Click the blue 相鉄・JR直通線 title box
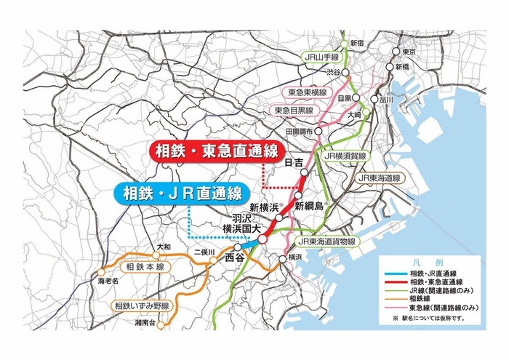click(181, 193)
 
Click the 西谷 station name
click(235, 257)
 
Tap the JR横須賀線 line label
click(345, 156)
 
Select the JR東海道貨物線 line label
click(326, 241)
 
